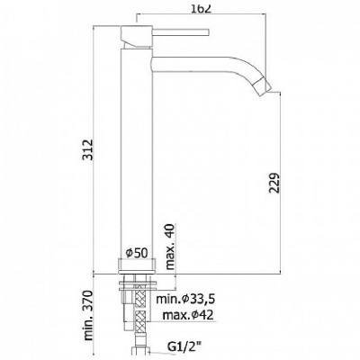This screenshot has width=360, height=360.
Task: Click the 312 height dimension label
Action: click(88, 149)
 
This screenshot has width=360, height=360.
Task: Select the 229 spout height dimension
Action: click(274, 183)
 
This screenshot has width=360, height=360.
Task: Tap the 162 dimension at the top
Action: click(201, 8)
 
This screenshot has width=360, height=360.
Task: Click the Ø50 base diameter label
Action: click(137, 254)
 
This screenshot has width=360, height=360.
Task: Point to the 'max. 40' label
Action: click(170, 247)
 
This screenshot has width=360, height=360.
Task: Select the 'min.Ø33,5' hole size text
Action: click(185, 299)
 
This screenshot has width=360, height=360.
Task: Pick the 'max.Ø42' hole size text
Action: click(188, 315)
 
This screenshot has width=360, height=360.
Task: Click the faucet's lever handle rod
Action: click(181, 31)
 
